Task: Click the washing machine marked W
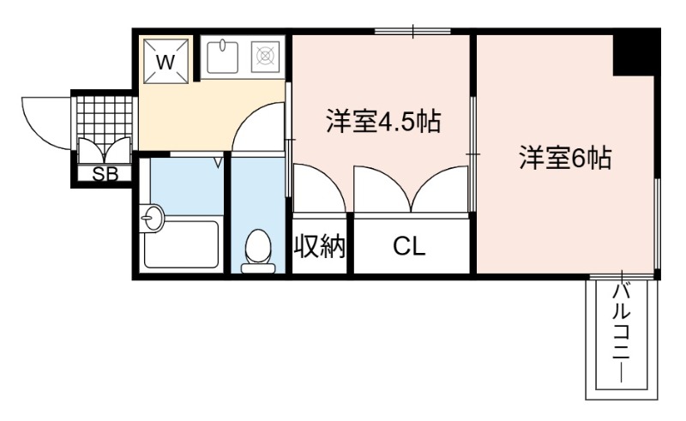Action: tap(165, 60)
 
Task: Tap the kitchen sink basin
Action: tap(222, 57)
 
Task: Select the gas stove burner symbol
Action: tap(265, 56)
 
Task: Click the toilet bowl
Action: tap(258, 251)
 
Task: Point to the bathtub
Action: tap(181, 244)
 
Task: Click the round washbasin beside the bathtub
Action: tap(152, 218)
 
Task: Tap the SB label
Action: tap(105, 175)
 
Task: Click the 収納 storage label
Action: tap(319, 246)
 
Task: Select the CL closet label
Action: tap(409, 246)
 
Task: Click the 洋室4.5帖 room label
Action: tap(383, 122)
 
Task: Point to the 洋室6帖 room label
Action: tap(566, 157)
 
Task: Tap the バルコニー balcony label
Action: tap(621, 333)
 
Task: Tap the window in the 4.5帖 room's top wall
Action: tap(412, 31)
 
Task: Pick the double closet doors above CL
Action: tap(411, 189)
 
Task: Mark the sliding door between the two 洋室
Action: tap(472, 154)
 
